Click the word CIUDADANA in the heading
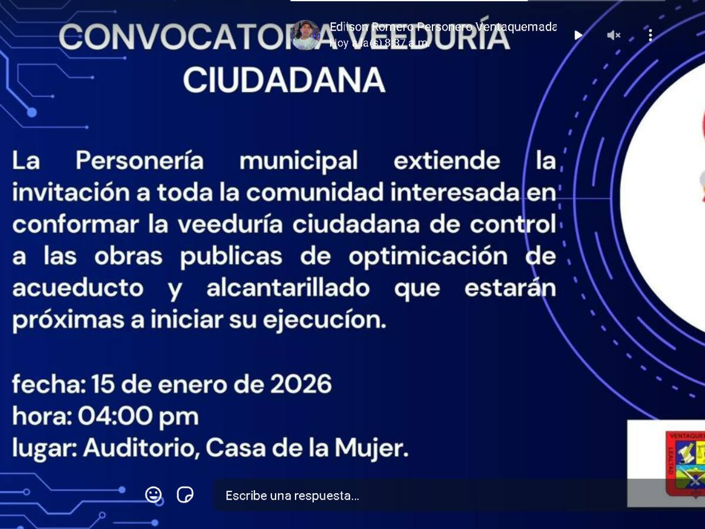[x=284, y=81]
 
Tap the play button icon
[x=578, y=35]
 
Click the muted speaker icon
[x=613, y=35]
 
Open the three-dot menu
[x=650, y=35]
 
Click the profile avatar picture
[x=305, y=35]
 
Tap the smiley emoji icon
[x=153, y=495]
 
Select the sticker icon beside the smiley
[x=185, y=495]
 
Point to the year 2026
[x=301, y=384]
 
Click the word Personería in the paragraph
[x=139, y=160]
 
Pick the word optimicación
[x=428, y=257]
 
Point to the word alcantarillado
[x=288, y=289]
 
